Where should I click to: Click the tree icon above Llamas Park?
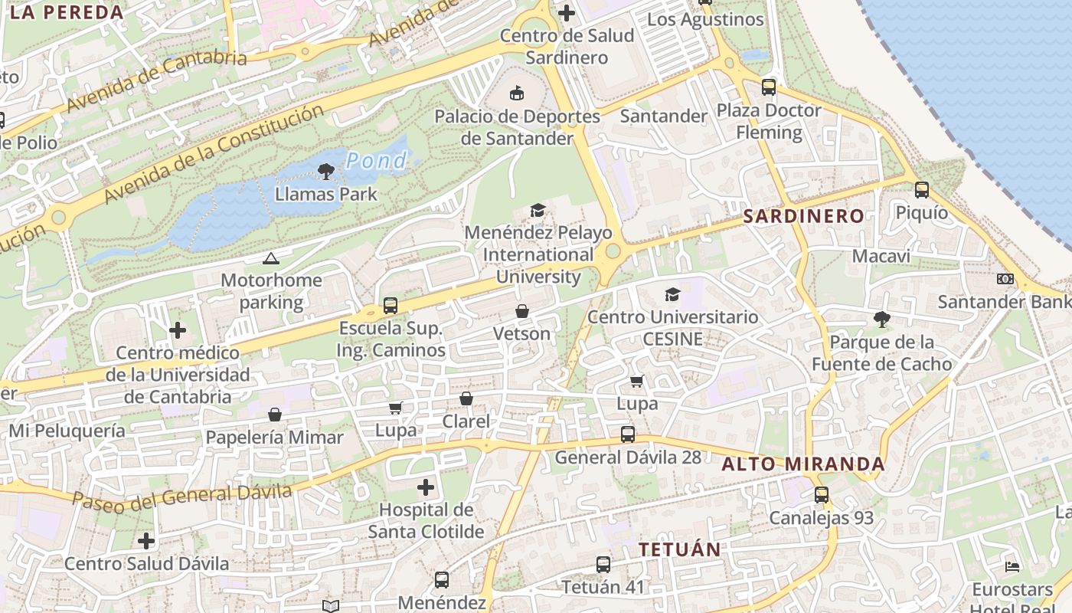[x=326, y=171]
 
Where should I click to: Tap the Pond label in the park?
[x=376, y=160]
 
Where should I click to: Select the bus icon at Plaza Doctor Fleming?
[x=769, y=87]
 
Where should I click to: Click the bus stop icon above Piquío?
[x=922, y=189]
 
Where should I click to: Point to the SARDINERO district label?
[x=804, y=216]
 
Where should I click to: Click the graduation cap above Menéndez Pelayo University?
[x=538, y=210]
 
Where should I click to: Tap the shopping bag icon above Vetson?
[x=521, y=311]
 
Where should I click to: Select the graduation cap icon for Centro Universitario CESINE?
[x=672, y=294]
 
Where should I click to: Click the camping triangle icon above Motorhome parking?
[x=270, y=258]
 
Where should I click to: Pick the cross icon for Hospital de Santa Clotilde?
[x=426, y=487]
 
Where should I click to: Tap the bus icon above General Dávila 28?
[x=628, y=434]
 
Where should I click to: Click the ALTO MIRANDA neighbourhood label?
[x=803, y=464]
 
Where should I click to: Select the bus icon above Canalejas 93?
[x=822, y=495]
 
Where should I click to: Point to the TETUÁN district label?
[x=680, y=549]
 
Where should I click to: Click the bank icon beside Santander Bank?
[x=1005, y=279]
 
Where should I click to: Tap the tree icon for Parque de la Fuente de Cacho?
[x=882, y=319]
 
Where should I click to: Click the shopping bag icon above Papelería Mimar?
[x=275, y=415]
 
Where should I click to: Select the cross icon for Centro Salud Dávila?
[x=146, y=541]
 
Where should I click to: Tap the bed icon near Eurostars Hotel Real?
[x=1012, y=567]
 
